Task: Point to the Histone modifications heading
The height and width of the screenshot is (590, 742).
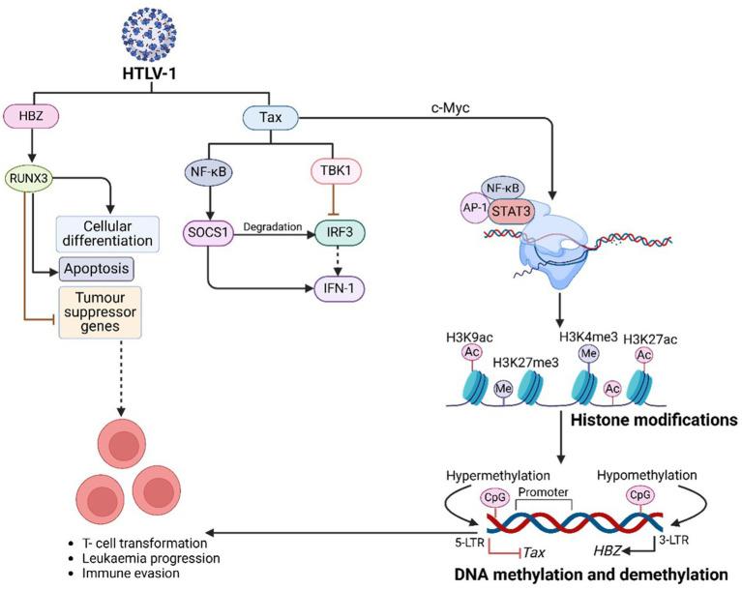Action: [x=640, y=421]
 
